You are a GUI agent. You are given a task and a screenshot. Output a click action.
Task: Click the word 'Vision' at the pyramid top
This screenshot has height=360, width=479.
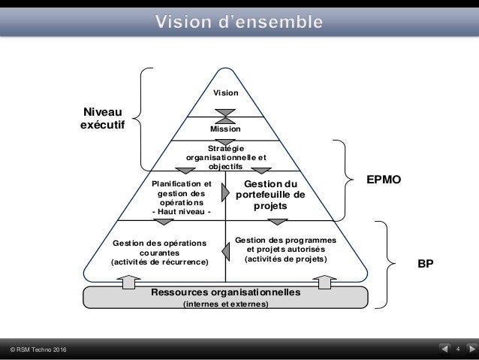click(x=226, y=93)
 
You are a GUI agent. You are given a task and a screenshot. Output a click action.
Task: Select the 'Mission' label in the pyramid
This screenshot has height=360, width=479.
click(x=226, y=129)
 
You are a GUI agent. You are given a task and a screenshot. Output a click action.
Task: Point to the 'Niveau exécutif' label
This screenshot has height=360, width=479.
click(x=103, y=119)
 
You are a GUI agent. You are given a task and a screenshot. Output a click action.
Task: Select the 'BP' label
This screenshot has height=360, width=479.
click(x=426, y=265)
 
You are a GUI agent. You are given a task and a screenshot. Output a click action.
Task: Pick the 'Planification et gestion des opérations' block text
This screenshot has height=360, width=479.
click(x=182, y=197)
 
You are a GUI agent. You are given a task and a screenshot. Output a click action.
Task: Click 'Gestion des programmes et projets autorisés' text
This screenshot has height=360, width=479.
click(x=281, y=249)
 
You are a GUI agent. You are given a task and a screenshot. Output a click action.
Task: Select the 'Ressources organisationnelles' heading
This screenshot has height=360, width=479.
click(x=226, y=292)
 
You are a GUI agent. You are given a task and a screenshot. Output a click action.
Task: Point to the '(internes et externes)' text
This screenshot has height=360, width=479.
click(x=226, y=304)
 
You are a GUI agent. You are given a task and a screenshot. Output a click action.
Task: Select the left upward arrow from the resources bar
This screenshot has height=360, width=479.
click(x=125, y=283)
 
